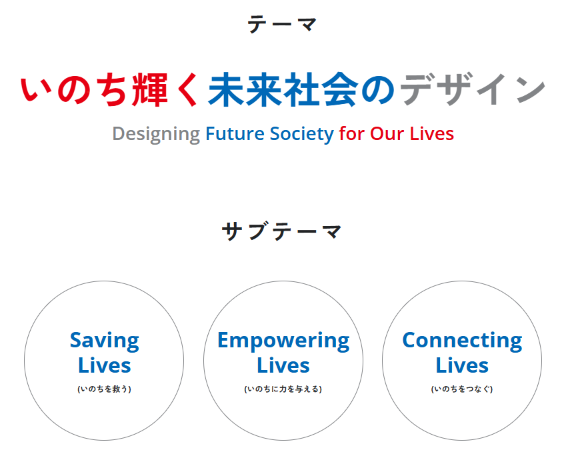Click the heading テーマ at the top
[x=282, y=24]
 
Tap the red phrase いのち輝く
[x=110, y=89]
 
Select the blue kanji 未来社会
[x=283, y=89]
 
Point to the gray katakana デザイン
[x=473, y=89]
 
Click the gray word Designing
[x=156, y=134]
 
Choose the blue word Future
[x=235, y=133]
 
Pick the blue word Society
[x=302, y=134]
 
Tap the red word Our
[x=387, y=133]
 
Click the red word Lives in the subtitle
[x=432, y=133]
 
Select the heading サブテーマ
[x=282, y=231]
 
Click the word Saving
[x=104, y=341]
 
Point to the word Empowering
[x=283, y=341]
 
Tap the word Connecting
[x=462, y=341]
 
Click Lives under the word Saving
[x=104, y=365]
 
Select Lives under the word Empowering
[x=283, y=365]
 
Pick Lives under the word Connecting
[x=462, y=365]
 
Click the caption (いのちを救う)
[x=104, y=389]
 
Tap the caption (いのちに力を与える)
[x=283, y=389]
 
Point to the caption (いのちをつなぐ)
[x=462, y=389]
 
